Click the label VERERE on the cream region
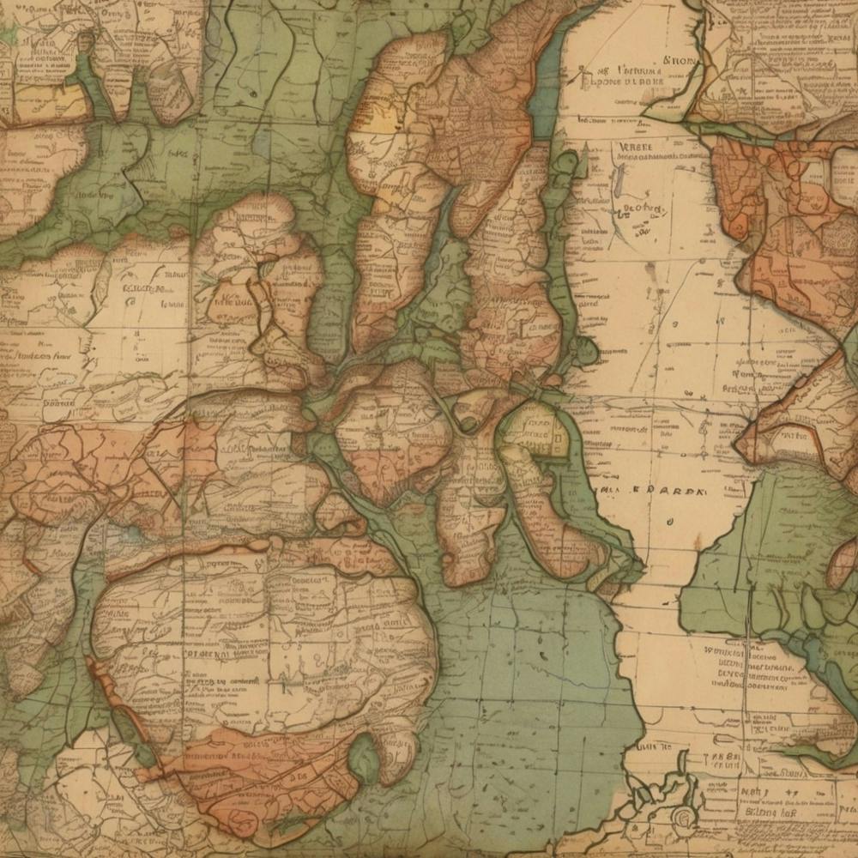tap(636, 147)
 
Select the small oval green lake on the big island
tap(364, 758)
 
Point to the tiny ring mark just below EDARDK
tap(668, 520)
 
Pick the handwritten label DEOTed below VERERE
tap(643, 208)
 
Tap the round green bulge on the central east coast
tap(585, 350)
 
